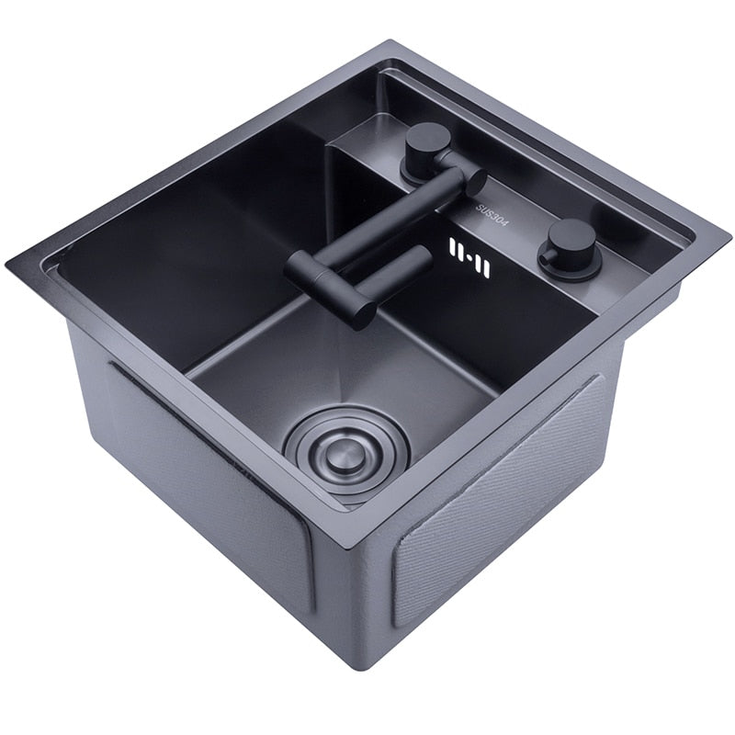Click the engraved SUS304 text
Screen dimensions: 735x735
pyautogui.click(x=492, y=215)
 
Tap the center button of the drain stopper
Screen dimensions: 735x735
pyautogui.click(x=341, y=453)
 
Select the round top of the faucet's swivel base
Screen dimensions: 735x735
pyautogui.click(x=428, y=139)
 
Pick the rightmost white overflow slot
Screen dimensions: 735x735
pyautogui.click(x=486, y=268)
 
